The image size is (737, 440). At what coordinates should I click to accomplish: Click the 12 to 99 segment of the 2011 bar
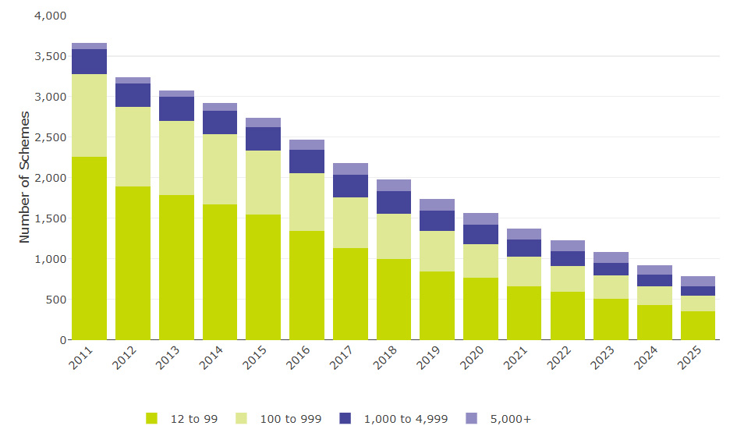tap(89, 248)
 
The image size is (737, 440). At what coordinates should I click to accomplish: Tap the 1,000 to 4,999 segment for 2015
tap(263, 139)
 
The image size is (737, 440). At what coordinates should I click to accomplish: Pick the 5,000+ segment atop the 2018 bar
tap(393, 186)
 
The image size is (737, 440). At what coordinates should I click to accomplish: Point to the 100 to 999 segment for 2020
tap(480, 261)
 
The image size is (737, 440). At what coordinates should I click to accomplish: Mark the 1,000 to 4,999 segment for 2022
tap(567, 258)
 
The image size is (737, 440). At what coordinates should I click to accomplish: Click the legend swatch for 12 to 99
tap(151, 419)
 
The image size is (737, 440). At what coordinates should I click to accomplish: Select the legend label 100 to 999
tap(290, 419)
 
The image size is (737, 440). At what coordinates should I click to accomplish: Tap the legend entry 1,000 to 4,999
tap(406, 419)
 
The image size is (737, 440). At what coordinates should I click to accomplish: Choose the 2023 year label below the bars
tap(605, 359)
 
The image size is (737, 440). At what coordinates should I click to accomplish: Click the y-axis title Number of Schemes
tap(25, 177)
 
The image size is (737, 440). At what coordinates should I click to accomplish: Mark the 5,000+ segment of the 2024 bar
tap(654, 270)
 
